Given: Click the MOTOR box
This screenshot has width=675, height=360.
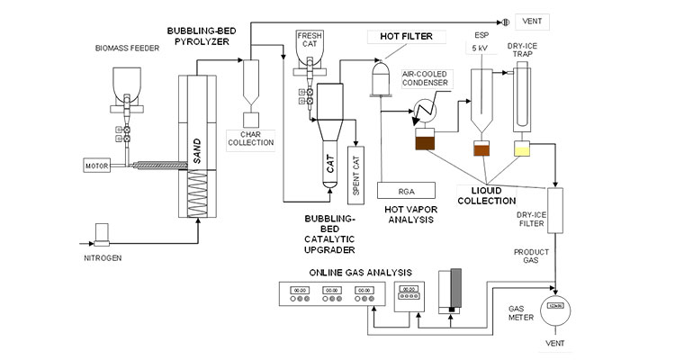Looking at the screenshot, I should coord(96,166).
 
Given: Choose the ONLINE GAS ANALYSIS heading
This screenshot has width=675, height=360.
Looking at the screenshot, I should coord(361,272).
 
